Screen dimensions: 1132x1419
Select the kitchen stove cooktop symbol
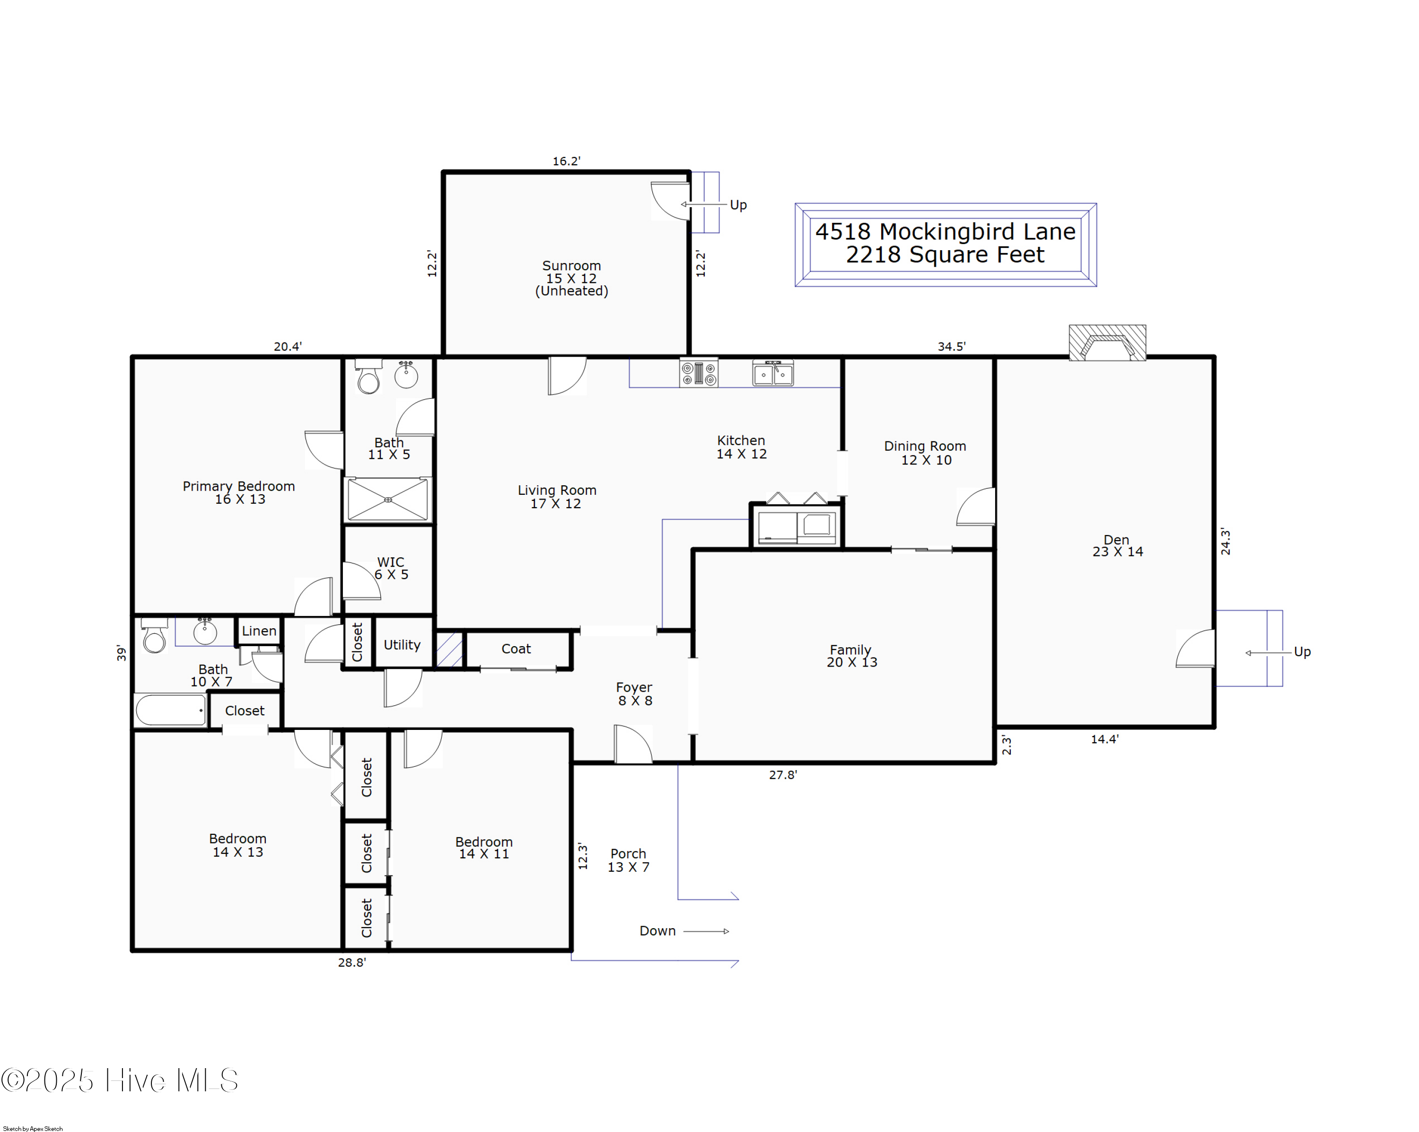click(x=698, y=373)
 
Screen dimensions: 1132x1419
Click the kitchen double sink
click(x=773, y=373)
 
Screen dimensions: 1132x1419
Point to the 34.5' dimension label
click(x=951, y=346)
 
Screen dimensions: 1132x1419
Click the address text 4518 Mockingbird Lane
click(x=945, y=232)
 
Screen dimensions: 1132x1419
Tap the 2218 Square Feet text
click(x=945, y=254)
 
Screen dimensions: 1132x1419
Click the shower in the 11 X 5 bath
click(x=388, y=500)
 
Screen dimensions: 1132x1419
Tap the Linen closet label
click(x=259, y=631)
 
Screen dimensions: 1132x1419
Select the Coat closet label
click(x=516, y=649)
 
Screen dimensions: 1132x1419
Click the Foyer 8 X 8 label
click(x=634, y=693)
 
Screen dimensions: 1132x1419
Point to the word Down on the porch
click(x=657, y=930)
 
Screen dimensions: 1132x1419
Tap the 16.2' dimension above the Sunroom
click(x=566, y=161)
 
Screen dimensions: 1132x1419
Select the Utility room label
click(x=402, y=645)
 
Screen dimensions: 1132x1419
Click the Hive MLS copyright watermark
click(x=120, y=1080)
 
